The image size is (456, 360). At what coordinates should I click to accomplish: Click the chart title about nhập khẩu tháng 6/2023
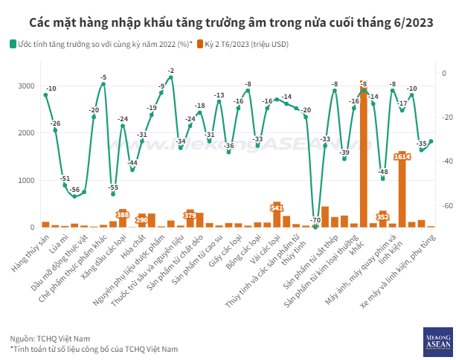pos(228,22)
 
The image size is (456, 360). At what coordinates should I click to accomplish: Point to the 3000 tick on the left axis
pos(25,86)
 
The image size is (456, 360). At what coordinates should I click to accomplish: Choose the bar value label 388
pos(123,213)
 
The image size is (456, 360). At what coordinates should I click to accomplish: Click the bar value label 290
pos(142,220)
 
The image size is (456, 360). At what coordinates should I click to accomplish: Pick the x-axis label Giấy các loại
pos(222,247)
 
